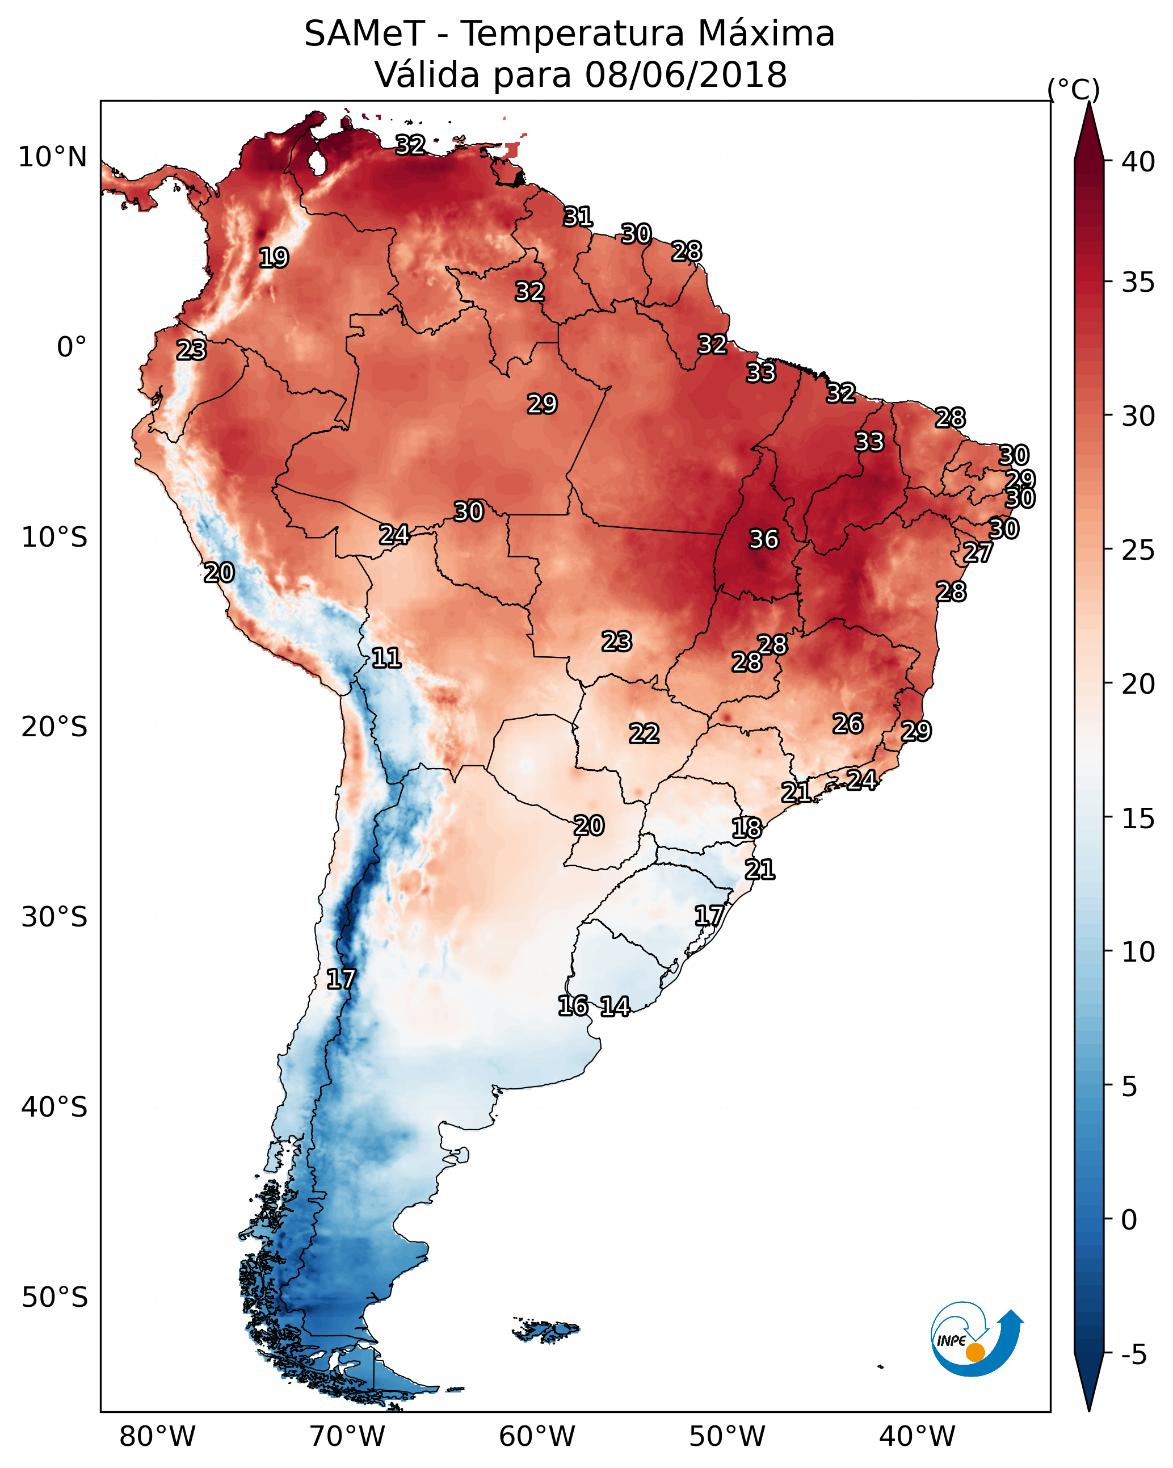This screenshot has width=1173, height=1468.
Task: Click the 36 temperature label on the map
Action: coord(763,539)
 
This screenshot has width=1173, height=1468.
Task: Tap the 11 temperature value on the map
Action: coord(386,658)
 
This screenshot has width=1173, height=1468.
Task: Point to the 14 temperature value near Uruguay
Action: coord(615,1006)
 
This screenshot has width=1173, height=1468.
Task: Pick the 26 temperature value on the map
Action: coord(848,724)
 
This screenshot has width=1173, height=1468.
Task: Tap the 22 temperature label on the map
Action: coord(644,734)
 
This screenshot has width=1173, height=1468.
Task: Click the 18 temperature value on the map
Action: coord(746,829)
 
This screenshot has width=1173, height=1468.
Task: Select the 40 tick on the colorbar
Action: coord(1138,162)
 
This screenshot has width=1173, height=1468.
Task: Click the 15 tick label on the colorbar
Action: coord(1138,819)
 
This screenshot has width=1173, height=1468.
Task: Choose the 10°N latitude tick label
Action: coord(52,157)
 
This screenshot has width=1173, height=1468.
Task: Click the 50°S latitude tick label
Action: coord(54,1298)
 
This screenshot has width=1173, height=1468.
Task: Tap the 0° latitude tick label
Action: coord(72,347)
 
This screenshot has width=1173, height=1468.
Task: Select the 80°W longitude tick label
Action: coord(157,1437)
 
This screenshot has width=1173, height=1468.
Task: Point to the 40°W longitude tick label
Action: coord(917,1437)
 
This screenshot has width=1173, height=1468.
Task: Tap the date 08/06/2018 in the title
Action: coord(686,75)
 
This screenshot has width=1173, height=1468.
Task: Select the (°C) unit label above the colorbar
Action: coord(1073,89)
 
